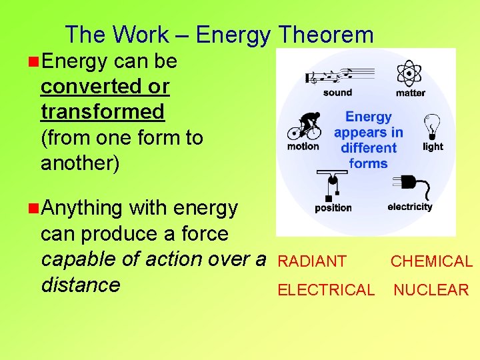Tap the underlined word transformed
[x=102, y=111]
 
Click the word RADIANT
[x=312, y=262]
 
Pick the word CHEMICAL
[x=431, y=262]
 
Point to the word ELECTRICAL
[x=326, y=290]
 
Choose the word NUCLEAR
[x=431, y=290]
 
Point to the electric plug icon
[x=409, y=185]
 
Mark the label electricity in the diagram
[x=410, y=207]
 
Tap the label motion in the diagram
[x=303, y=146]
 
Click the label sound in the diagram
[x=337, y=93]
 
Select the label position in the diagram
[x=333, y=207]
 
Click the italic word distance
[x=81, y=285]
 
